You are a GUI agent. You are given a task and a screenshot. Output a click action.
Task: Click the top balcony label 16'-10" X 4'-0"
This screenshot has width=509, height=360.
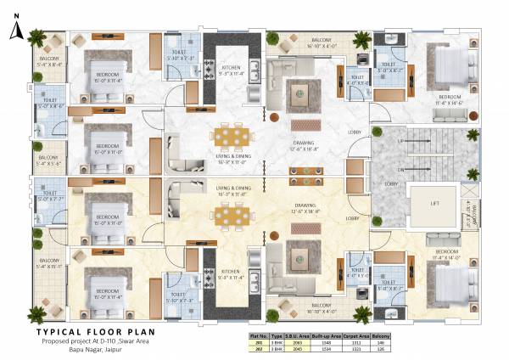[x=321, y=44]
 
